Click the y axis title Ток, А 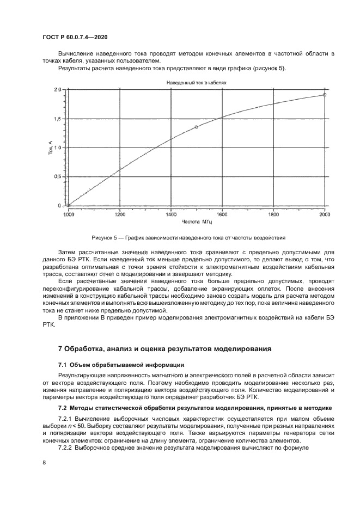coord(50,148)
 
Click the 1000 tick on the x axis coord(68,214)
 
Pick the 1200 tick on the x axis coord(119,214)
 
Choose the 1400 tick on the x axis coord(170,214)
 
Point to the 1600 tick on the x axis coord(222,214)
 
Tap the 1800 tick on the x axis coord(273,214)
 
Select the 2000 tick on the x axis coord(325,214)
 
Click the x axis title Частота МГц coord(195,223)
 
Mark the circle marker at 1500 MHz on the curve coord(197,127)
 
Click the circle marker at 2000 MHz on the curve coord(325,95)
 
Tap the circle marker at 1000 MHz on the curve coord(68,205)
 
